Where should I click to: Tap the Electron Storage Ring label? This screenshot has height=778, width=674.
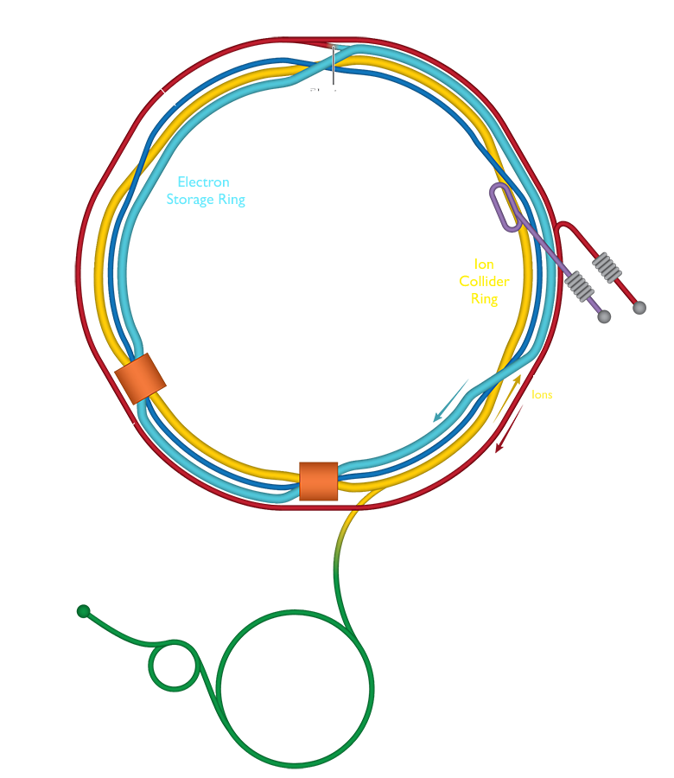(205, 191)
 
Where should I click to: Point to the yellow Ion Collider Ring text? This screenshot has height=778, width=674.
(489, 281)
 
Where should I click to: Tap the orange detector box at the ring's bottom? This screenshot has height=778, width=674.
(317, 482)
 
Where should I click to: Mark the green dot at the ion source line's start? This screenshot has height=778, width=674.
(84, 612)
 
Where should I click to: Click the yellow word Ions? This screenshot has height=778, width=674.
(543, 394)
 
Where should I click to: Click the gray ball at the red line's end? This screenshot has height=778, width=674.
(639, 307)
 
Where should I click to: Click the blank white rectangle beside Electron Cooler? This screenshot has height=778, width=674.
(403, 207)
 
